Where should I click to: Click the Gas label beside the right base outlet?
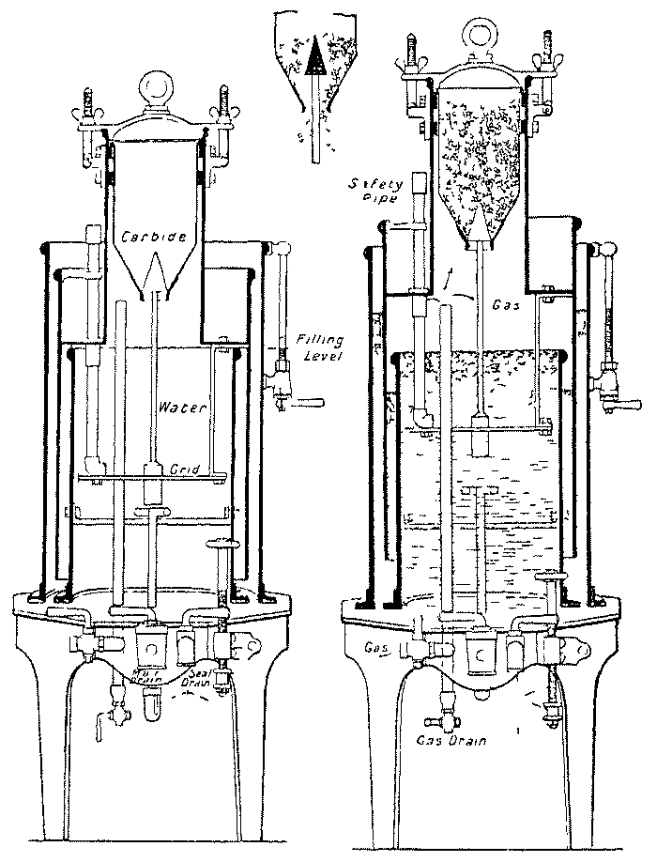[376, 649]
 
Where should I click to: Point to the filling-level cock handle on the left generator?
[305, 402]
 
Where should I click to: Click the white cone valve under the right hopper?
[480, 225]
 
